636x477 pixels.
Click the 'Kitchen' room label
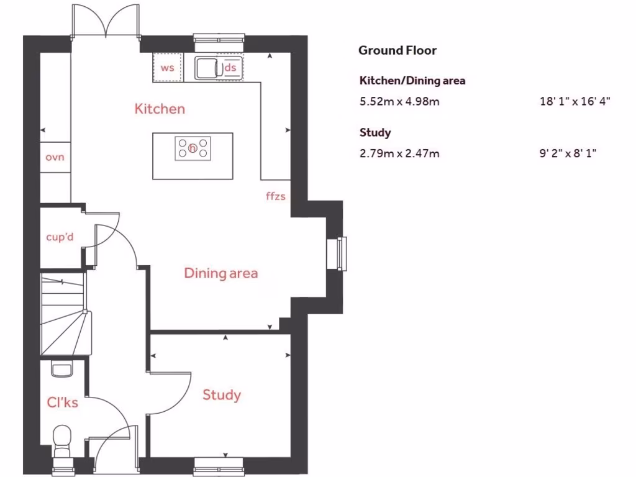pos(160,109)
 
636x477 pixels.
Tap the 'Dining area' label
pos(220,273)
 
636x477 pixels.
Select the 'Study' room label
pos(222,395)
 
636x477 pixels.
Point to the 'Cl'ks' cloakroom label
pos(62,402)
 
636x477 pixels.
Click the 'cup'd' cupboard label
pos(60,237)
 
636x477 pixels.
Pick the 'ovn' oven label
pos(55,157)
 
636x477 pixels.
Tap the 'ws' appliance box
pos(168,68)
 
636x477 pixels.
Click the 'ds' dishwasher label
pos(230,68)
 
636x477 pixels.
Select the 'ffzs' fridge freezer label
pos(275,196)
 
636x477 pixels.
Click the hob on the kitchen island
pos(193,148)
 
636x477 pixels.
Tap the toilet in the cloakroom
pos(63,440)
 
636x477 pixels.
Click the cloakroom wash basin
pos(61,370)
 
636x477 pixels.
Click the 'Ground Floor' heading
pos(397,51)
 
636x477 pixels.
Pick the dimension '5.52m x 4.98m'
pos(399,101)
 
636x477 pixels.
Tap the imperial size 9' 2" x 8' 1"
pos(568,153)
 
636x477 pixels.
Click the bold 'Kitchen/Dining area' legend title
pos(412,80)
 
